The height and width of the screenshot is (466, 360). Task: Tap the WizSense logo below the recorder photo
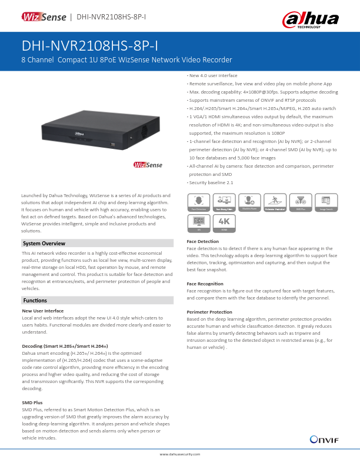[147, 165]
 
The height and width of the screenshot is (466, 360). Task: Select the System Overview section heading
[44, 244]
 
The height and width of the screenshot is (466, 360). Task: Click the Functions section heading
[35, 301]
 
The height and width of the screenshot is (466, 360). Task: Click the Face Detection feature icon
[197, 202]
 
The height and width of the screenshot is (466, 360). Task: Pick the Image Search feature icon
[326, 202]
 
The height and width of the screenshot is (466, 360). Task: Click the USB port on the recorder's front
[114, 144]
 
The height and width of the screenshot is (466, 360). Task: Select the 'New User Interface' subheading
[42, 310]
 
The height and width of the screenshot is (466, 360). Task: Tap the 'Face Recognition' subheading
[205, 284]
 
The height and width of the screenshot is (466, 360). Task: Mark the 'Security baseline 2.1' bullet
[211, 182]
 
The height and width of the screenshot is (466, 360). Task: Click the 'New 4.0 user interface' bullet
[212, 76]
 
